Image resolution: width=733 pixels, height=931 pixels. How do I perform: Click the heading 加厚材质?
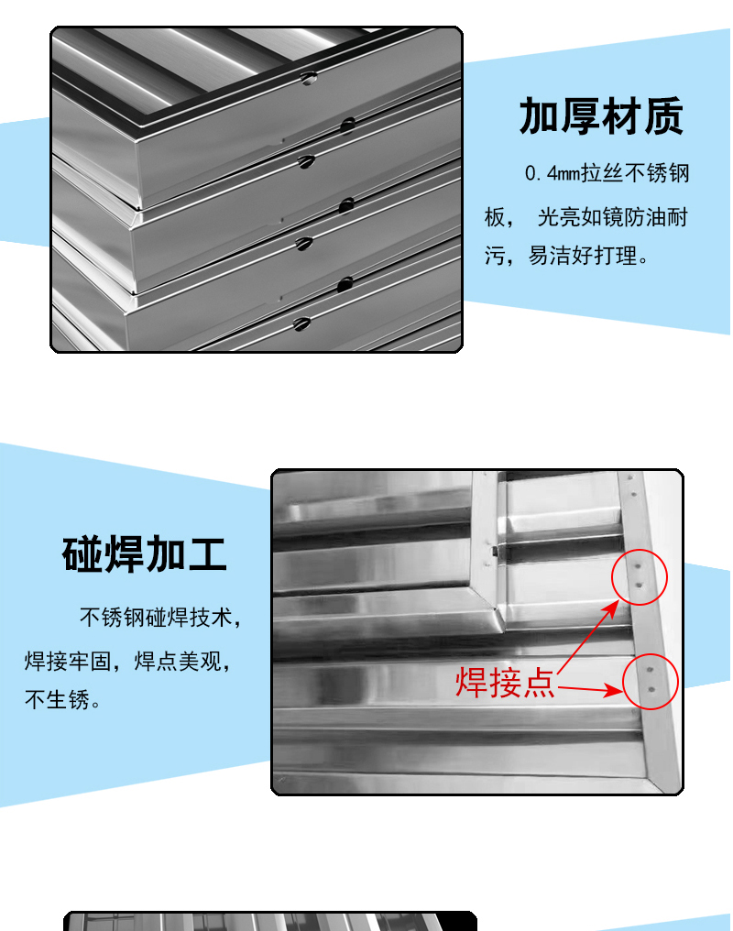(601, 116)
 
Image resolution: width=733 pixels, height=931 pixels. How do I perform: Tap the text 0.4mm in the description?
(552, 173)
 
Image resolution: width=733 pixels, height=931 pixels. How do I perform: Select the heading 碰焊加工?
(144, 553)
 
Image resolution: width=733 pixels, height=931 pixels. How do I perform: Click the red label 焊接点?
(505, 683)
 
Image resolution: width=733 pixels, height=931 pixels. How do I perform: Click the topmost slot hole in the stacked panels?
(308, 78)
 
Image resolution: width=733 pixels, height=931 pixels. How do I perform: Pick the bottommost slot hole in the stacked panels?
(301, 324)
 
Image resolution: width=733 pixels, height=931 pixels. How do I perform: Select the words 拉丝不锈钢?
(634, 173)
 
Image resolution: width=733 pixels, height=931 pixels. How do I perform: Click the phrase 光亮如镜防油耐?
(613, 217)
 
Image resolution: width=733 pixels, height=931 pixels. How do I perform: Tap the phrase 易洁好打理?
(583, 256)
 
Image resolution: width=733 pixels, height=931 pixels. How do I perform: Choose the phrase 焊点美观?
(178, 661)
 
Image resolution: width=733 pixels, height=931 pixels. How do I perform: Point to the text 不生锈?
(57, 699)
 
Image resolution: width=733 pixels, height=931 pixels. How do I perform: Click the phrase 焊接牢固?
(68, 661)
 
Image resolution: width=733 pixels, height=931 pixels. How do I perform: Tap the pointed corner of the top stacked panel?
(138, 208)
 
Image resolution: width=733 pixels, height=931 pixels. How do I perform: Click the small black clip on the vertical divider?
(494, 552)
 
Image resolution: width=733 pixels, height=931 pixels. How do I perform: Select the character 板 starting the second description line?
(495, 217)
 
